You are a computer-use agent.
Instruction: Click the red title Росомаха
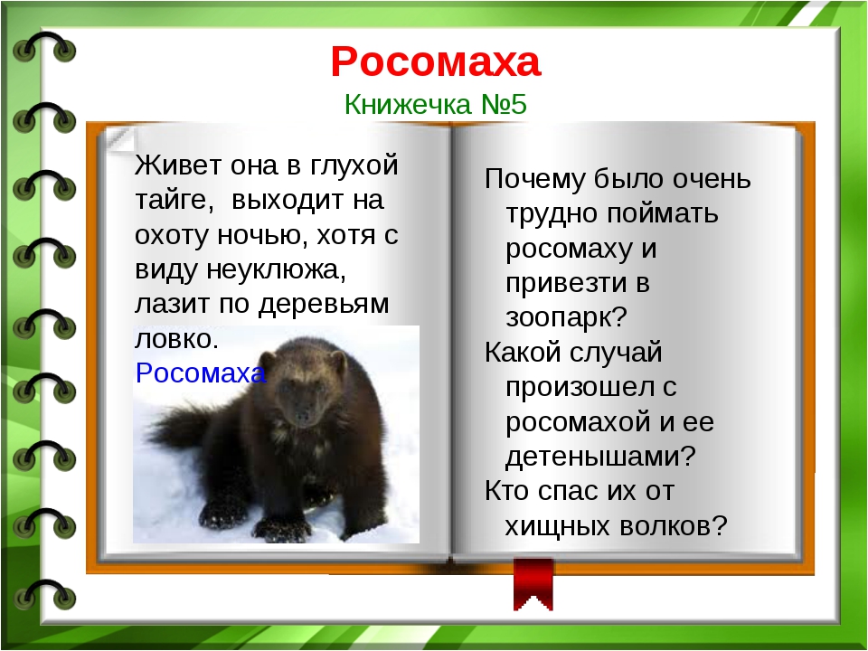click(436, 61)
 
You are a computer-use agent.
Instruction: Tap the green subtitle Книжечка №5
click(436, 104)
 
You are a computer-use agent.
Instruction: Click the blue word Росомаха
click(201, 373)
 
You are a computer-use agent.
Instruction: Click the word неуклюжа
click(277, 269)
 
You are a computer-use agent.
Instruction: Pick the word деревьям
click(325, 305)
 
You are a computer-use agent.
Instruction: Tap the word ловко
click(176, 339)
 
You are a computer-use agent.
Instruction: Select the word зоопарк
click(566, 317)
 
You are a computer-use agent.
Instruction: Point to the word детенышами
click(600, 456)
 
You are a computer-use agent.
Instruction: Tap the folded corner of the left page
click(119, 139)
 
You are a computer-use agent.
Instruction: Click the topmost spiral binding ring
click(44, 49)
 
